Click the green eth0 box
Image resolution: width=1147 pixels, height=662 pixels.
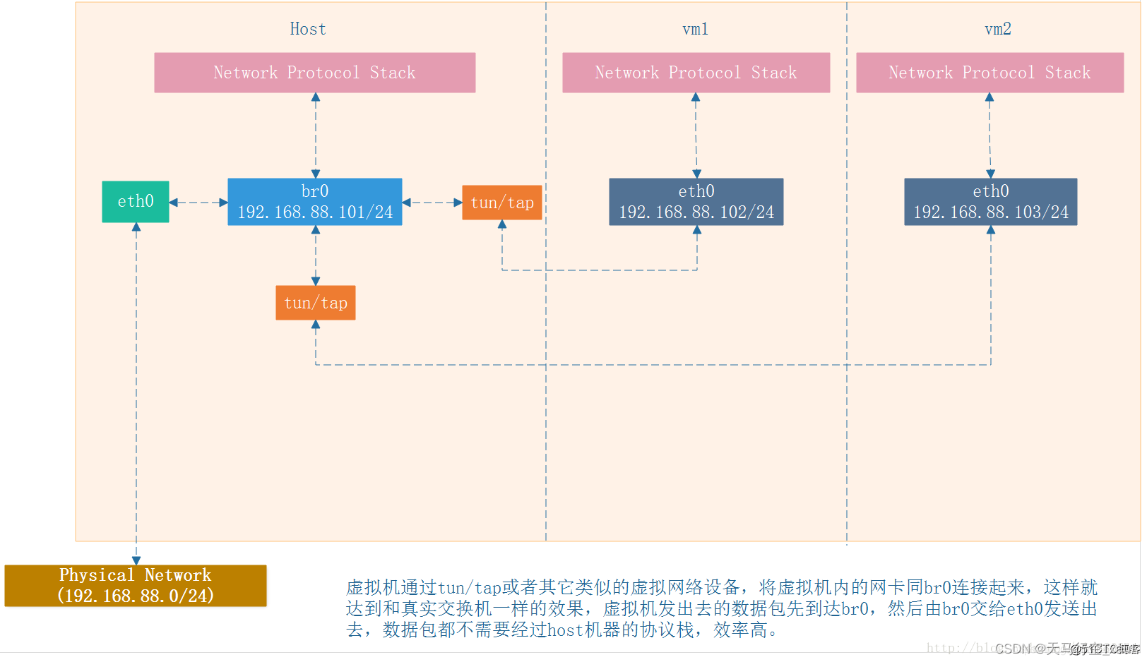[136, 202]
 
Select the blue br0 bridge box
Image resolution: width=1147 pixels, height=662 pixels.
[315, 202]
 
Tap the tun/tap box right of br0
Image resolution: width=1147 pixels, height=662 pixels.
[502, 203]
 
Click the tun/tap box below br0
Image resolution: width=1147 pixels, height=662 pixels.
[316, 303]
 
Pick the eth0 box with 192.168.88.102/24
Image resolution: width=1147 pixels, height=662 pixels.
[696, 202]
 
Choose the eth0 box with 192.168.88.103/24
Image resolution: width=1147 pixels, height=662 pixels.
[991, 202]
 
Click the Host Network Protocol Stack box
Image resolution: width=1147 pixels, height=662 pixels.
[315, 73]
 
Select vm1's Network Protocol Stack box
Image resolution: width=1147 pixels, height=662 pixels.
[696, 73]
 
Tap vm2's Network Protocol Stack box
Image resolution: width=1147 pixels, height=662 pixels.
[990, 73]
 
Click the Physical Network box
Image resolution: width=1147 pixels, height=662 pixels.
[136, 586]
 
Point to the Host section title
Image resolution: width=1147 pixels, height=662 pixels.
[308, 29]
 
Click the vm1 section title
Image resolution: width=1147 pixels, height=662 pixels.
[696, 29]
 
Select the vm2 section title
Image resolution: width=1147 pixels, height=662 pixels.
[998, 29]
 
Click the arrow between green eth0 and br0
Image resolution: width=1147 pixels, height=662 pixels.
[198, 203]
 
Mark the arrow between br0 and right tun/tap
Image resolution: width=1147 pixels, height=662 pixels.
[432, 203]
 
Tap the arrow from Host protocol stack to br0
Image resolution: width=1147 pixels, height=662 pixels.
[316, 136]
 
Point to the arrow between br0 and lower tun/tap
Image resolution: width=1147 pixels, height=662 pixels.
[316, 255]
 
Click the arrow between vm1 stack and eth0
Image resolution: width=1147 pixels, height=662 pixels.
[696, 136]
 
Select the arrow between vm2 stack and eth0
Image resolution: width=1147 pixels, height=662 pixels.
[990, 136]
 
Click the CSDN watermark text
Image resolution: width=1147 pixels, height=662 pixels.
[1066, 649]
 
